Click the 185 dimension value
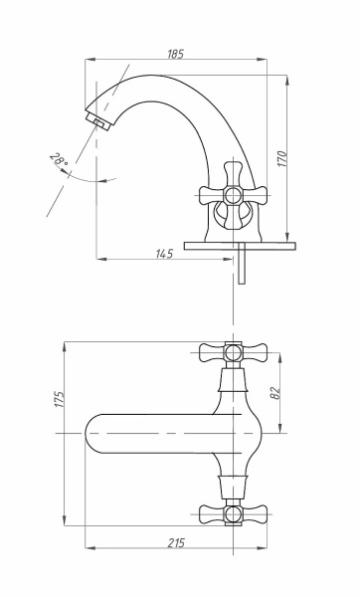(175, 55)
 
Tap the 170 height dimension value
(281, 159)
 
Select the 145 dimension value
(164, 253)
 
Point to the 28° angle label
(59, 160)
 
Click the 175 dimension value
(60, 399)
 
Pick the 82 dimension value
(274, 393)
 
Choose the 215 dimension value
(176, 542)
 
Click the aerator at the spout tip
(98, 121)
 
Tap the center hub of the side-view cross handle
(233, 196)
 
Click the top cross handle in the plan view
(233, 352)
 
